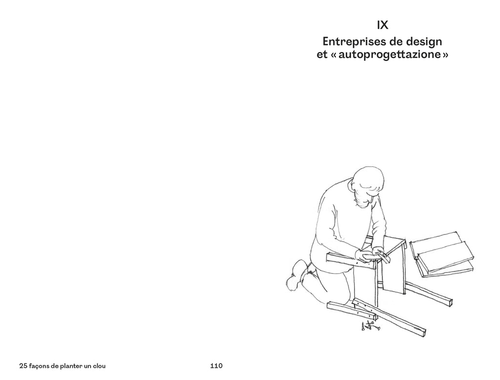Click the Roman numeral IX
point(382,25)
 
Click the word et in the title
point(322,55)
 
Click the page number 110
point(216,366)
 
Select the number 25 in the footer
point(23,366)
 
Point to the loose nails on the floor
point(370,326)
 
